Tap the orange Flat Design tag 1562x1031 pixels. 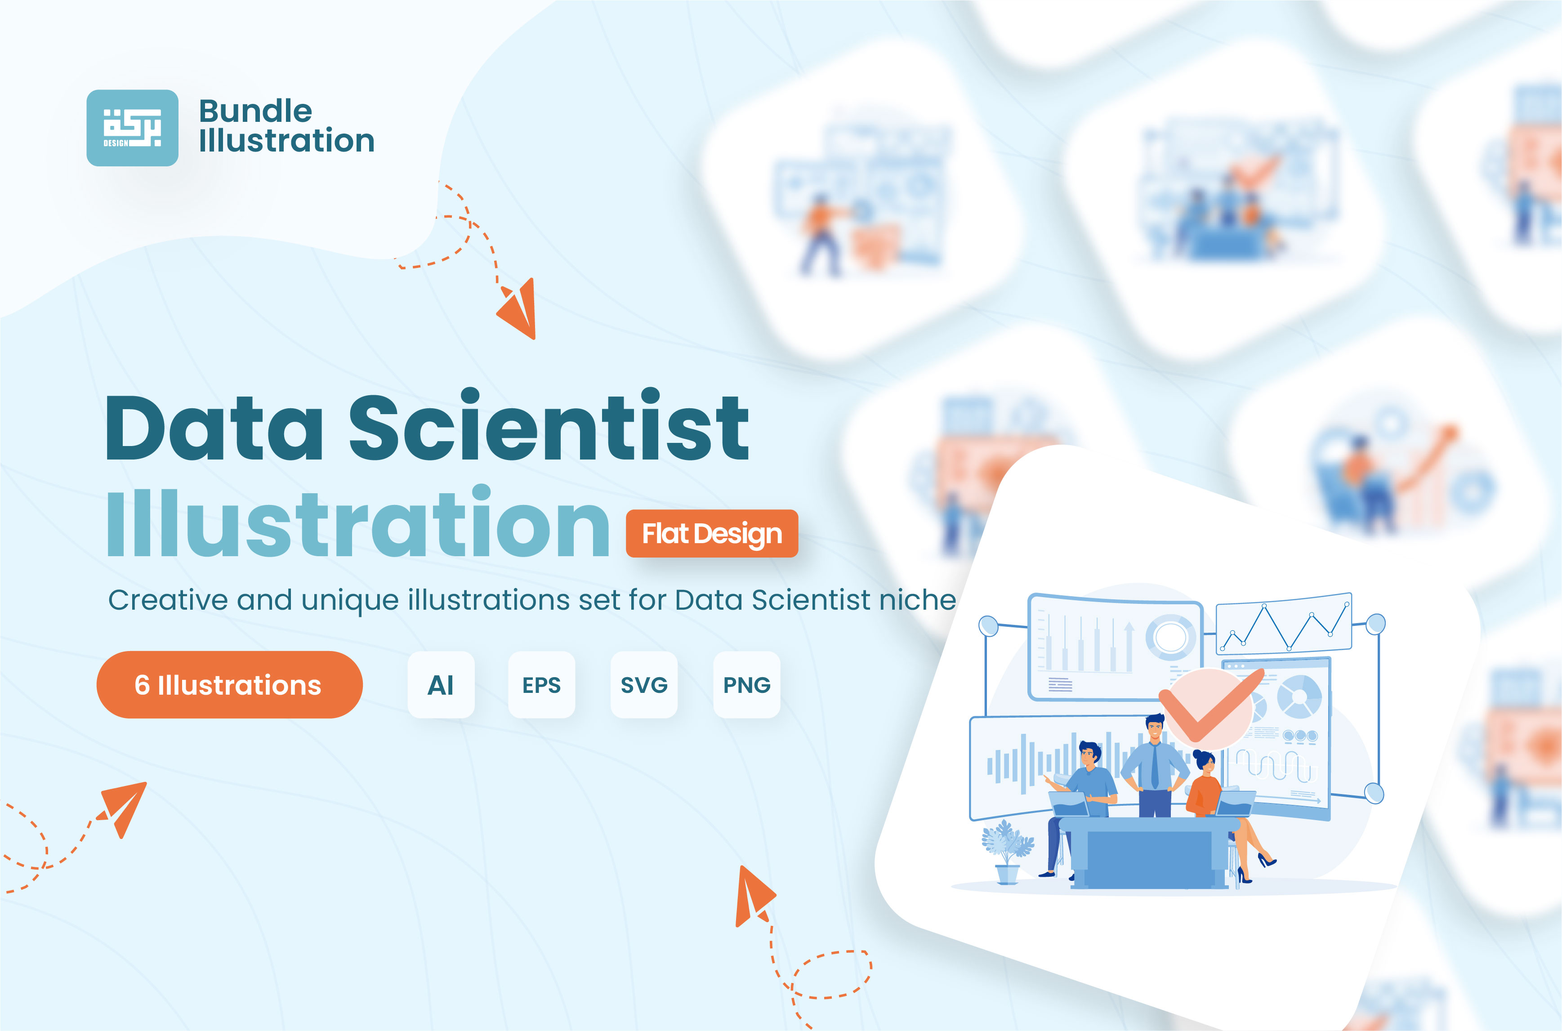point(712,534)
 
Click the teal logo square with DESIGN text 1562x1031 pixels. point(132,128)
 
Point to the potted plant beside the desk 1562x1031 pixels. point(1007,852)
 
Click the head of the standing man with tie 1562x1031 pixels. point(1154,728)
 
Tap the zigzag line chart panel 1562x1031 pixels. point(1283,623)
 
